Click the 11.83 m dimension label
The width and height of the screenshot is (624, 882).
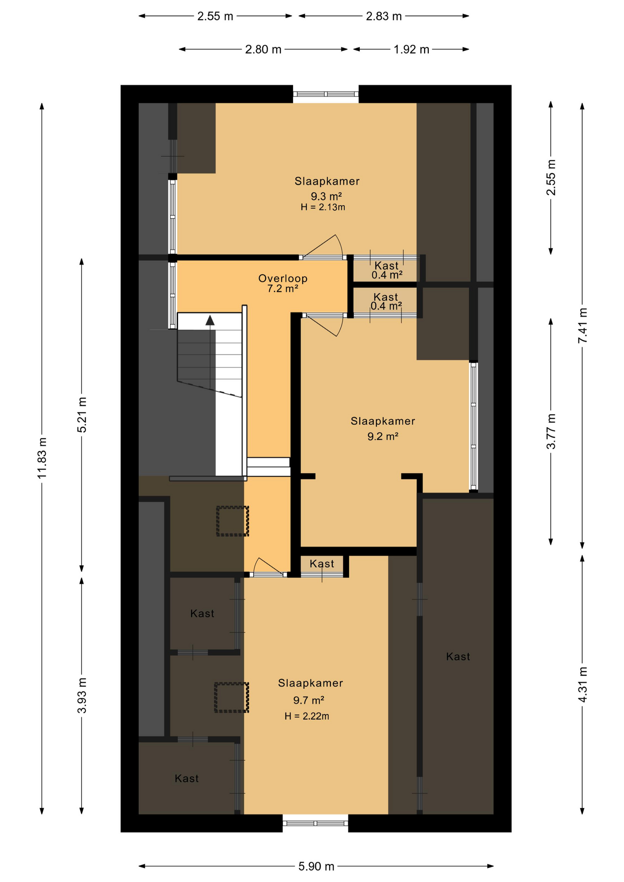coord(42,458)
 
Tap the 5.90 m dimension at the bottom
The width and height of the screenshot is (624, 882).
coord(317,866)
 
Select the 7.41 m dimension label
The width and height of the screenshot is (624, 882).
coord(583,325)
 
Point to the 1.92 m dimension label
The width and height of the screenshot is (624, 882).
coord(411,49)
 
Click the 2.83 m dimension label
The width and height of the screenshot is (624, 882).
coord(384,16)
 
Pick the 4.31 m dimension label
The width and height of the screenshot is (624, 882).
coord(583,684)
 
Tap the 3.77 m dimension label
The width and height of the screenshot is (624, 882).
coord(551,431)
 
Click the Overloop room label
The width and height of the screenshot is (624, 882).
coord(283,278)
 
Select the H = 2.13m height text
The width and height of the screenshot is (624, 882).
coord(323,207)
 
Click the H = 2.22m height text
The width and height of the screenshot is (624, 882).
coord(306,716)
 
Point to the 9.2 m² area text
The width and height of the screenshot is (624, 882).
coord(382,436)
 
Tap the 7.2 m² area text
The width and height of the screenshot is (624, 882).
coord(283,289)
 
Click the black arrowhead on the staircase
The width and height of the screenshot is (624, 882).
coord(210,320)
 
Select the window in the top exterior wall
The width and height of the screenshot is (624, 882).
coord(326,94)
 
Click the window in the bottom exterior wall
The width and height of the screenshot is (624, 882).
coord(315,823)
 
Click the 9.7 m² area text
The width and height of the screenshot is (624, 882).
coord(309,700)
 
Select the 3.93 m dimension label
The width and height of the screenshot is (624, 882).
coord(82,695)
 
